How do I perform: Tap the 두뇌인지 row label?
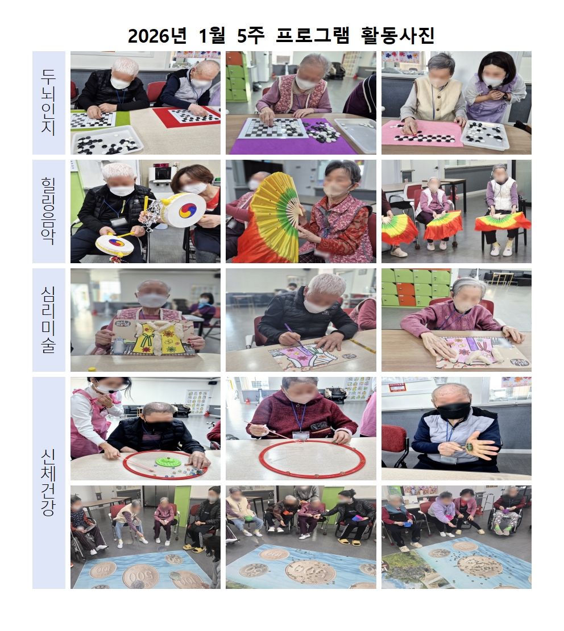pyautogui.click(x=49, y=102)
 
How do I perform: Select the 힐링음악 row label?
pyautogui.click(x=49, y=211)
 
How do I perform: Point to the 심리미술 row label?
pyautogui.click(x=49, y=319)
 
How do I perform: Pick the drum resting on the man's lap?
pyautogui.click(x=115, y=245)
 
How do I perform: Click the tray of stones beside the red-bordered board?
pyautogui.click(x=106, y=141)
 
